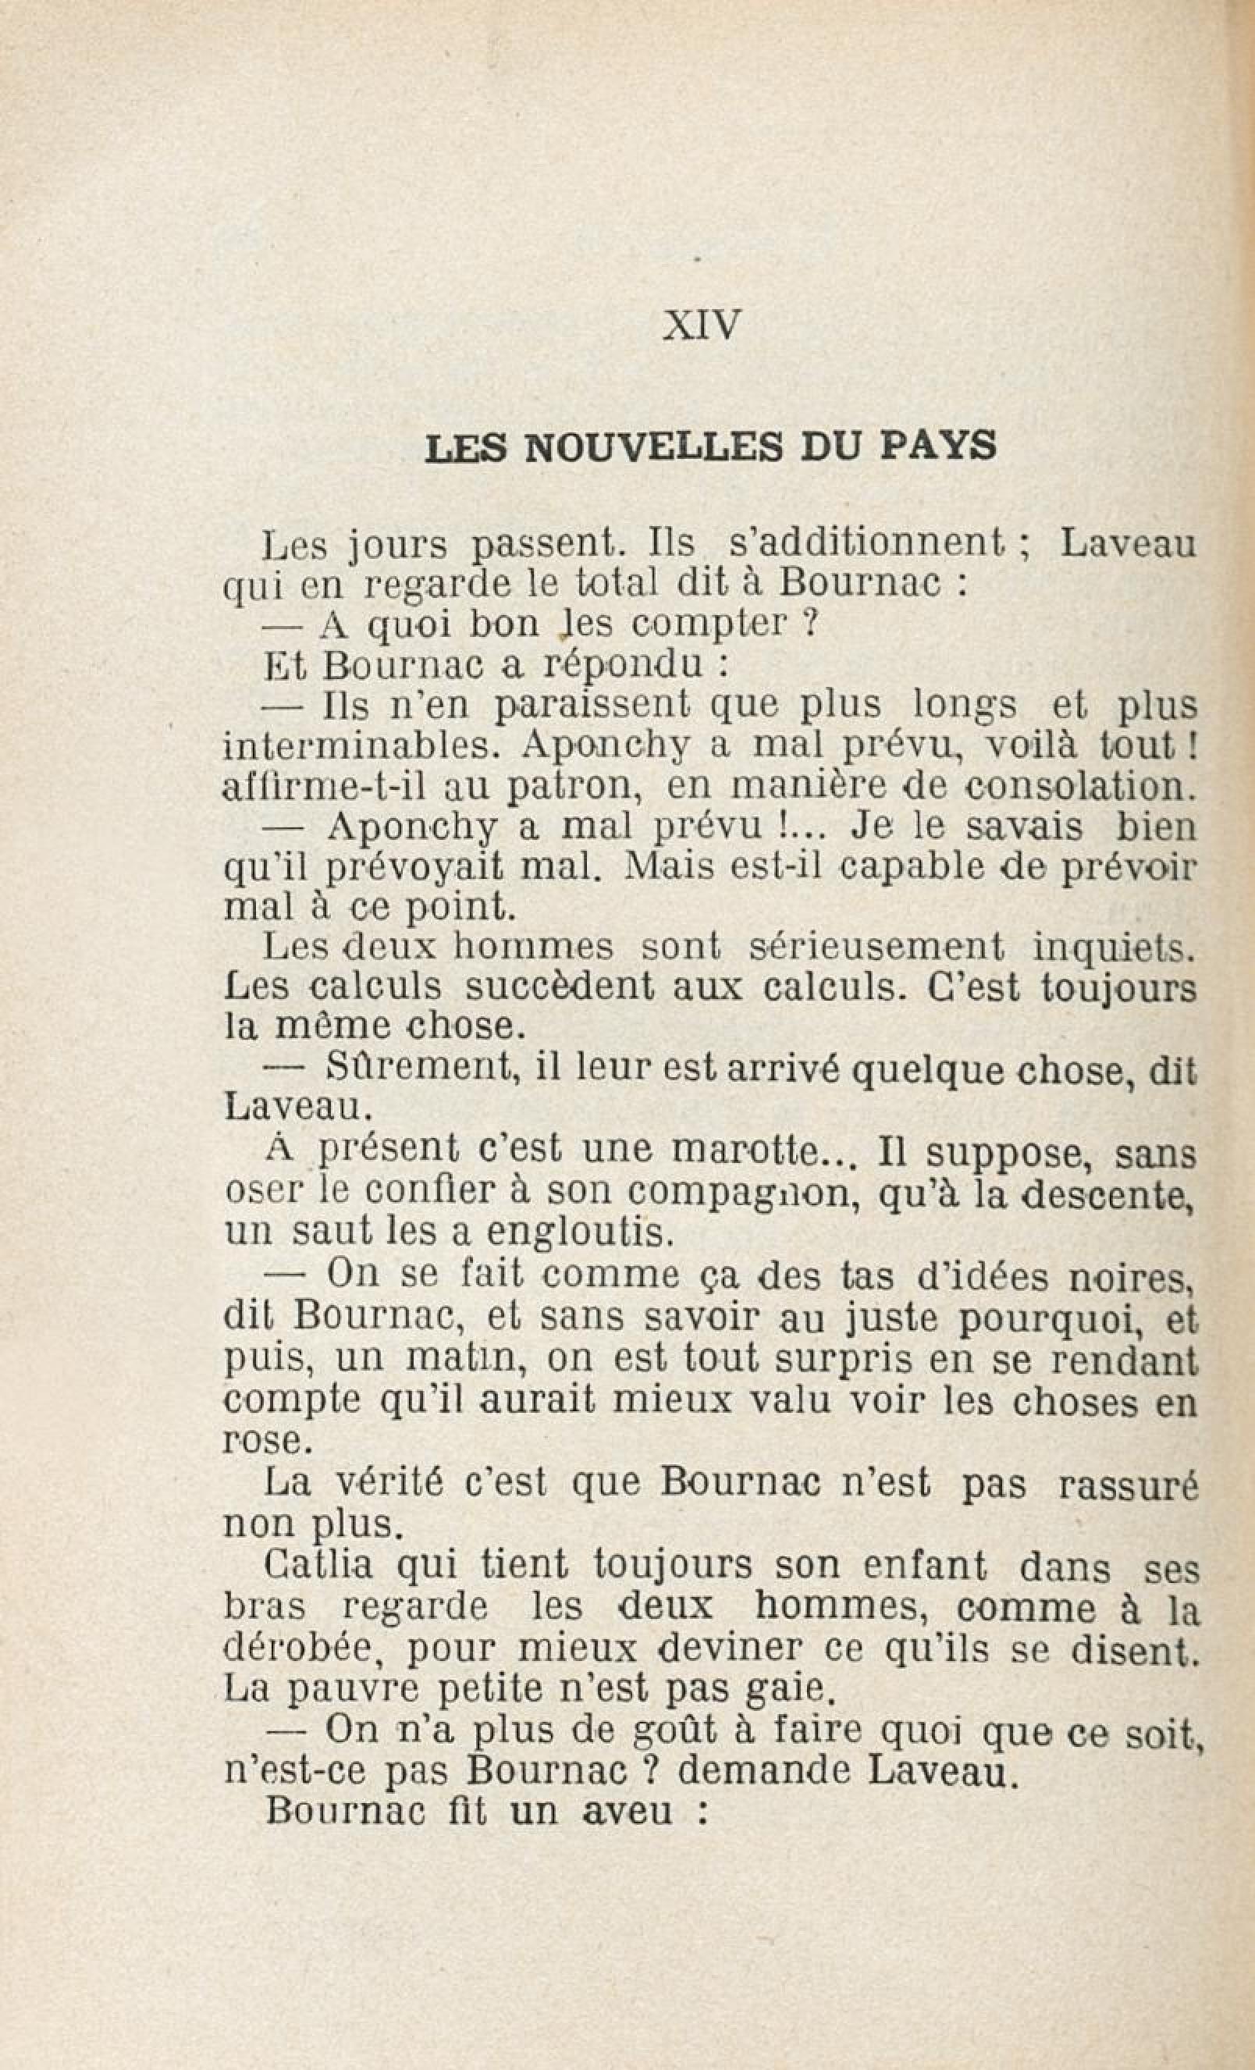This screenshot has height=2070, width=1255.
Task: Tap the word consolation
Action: pos(1077,785)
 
